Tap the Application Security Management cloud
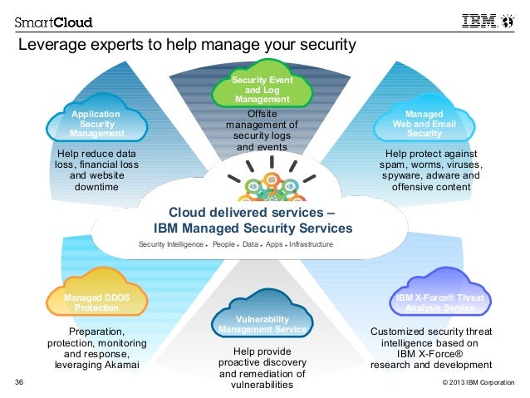96,124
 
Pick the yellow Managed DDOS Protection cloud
96,302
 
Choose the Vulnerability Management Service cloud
263,325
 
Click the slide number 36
21,383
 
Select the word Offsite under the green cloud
262,114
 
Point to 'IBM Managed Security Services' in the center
253,228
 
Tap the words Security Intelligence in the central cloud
171,245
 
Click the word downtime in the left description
95,188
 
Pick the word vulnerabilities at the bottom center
262,385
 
